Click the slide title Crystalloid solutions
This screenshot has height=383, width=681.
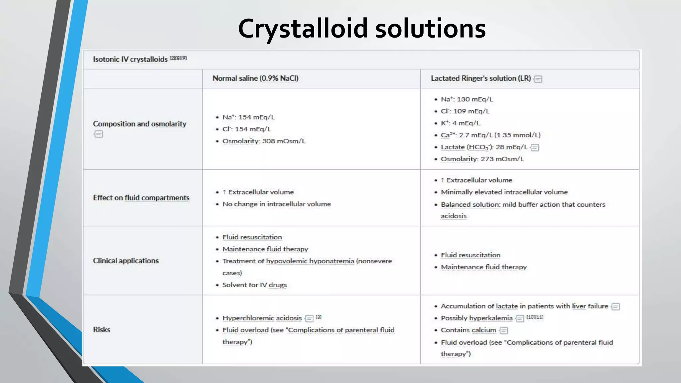(x=362, y=29)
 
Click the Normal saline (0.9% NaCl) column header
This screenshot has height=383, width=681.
(x=255, y=78)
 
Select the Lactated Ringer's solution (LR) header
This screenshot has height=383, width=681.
(x=480, y=78)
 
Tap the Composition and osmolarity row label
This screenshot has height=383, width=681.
(x=139, y=124)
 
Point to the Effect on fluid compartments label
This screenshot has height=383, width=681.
(x=141, y=198)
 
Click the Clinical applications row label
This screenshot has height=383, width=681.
(x=126, y=261)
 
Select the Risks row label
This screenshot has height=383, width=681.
(x=101, y=329)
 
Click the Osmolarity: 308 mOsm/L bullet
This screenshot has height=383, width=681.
(x=264, y=141)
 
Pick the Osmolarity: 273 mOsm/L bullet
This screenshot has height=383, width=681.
(x=482, y=159)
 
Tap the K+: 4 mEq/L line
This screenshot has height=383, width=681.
(x=460, y=123)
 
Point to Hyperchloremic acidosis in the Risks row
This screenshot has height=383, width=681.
(x=262, y=318)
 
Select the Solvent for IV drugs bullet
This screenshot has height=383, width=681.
(x=254, y=285)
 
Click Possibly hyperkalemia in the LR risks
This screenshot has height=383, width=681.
(x=477, y=318)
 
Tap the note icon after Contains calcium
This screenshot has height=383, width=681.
(x=504, y=330)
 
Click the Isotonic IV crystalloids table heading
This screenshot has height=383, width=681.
(x=130, y=59)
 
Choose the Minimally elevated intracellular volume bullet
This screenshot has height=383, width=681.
(x=504, y=192)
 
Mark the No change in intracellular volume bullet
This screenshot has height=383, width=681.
(x=277, y=204)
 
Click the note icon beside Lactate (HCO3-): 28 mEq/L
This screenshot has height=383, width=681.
(x=535, y=147)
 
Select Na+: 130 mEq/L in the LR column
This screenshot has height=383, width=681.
(x=467, y=99)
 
